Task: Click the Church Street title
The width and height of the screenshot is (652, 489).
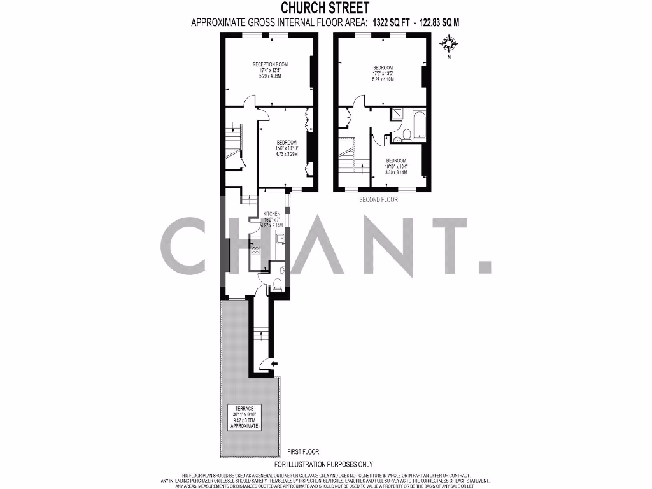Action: [325, 8]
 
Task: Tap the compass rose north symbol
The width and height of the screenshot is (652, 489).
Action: [450, 44]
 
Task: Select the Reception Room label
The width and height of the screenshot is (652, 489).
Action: [270, 64]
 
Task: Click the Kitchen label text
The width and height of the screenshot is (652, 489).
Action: [273, 214]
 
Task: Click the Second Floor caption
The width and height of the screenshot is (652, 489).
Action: [379, 199]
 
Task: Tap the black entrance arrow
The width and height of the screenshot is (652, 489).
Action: [274, 364]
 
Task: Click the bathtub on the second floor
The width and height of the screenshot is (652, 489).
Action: [420, 125]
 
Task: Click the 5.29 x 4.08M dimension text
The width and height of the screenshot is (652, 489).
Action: [270, 76]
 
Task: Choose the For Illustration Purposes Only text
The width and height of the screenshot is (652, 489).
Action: [323, 464]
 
